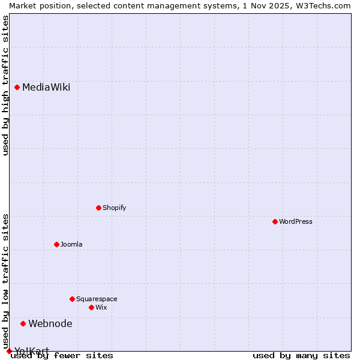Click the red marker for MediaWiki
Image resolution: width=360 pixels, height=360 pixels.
(x=17, y=87)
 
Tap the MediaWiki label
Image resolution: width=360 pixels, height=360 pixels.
(x=46, y=88)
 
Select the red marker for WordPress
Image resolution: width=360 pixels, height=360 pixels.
(x=275, y=221)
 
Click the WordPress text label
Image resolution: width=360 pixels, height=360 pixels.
(x=296, y=221)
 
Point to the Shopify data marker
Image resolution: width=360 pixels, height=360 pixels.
(x=99, y=208)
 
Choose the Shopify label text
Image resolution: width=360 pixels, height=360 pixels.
(x=115, y=208)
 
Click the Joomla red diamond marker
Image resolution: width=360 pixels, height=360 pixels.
(x=57, y=244)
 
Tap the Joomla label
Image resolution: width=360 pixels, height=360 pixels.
(x=71, y=244)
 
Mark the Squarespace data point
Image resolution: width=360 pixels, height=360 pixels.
(x=73, y=299)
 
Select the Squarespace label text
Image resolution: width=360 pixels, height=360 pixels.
(x=97, y=299)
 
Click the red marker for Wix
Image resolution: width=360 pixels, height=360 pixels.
(x=92, y=307)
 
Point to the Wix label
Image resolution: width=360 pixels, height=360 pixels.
(x=101, y=307)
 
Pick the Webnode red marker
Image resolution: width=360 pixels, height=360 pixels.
(x=23, y=323)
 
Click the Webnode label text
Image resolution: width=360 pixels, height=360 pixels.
(x=50, y=324)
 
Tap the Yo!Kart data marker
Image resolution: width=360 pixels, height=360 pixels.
(x=9, y=351)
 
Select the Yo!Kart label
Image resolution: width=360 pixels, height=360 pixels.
(x=32, y=351)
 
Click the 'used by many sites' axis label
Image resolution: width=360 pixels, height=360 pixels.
(x=301, y=356)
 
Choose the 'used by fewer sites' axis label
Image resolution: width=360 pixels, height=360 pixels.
(x=62, y=356)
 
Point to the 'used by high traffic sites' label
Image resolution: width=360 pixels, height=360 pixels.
(x=5, y=85)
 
